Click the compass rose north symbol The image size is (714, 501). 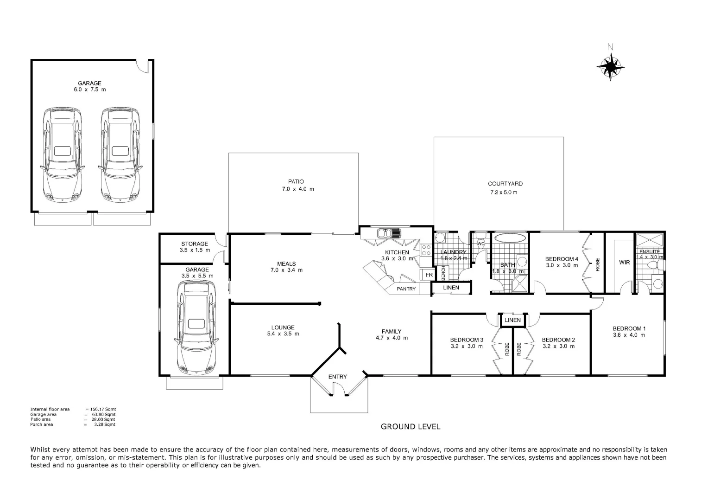(611, 67)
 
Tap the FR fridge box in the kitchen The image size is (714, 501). (429, 275)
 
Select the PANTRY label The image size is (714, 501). (406, 289)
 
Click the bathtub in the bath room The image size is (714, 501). (510, 238)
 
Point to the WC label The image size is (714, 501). (480, 244)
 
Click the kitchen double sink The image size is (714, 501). (385, 233)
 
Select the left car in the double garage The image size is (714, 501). (62, 154)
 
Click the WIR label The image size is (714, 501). (624, 263)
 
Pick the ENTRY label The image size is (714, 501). (337, 377)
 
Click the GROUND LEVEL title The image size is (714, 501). (410, 427)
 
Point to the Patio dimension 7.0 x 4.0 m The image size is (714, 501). (297, 189)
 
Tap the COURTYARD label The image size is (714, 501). (505, 184)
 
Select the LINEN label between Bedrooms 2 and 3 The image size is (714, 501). (512, 320)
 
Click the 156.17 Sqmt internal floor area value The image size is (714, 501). (104, 409)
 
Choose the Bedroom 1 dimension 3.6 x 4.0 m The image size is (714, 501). (629, 335)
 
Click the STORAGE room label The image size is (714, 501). (195, 244)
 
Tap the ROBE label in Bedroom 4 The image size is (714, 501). (597, 264)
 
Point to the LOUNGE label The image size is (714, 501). (283, 327)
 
